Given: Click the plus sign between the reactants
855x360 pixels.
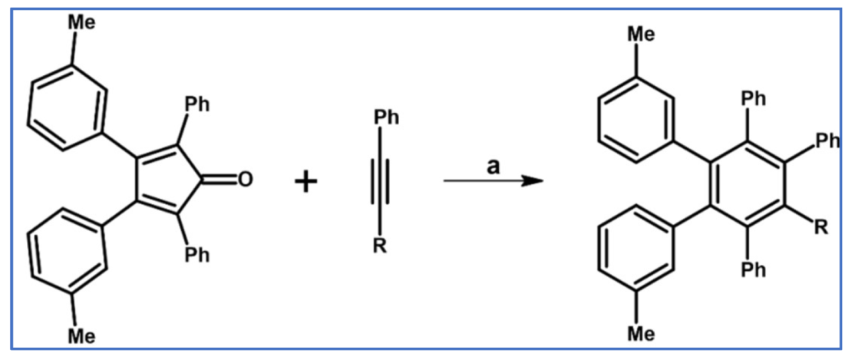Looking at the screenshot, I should tap(306, 182).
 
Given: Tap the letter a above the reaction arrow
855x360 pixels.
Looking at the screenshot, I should tap(493, 167).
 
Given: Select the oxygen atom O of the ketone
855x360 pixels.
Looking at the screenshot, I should tap(245, 180).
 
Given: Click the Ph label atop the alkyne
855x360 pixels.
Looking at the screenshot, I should tap(386, 118).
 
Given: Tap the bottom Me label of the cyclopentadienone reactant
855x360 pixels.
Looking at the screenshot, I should tap(82, 336).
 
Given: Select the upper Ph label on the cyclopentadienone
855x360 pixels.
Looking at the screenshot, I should tap(196, 104).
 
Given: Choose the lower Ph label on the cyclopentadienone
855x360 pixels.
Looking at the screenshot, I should tap(196, 255).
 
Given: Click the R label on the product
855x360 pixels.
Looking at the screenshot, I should tap(820, 228).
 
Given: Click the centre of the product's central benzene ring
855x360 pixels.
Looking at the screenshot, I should tap(744, 183).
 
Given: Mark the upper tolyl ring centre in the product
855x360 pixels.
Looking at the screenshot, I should tap(636, 121).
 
